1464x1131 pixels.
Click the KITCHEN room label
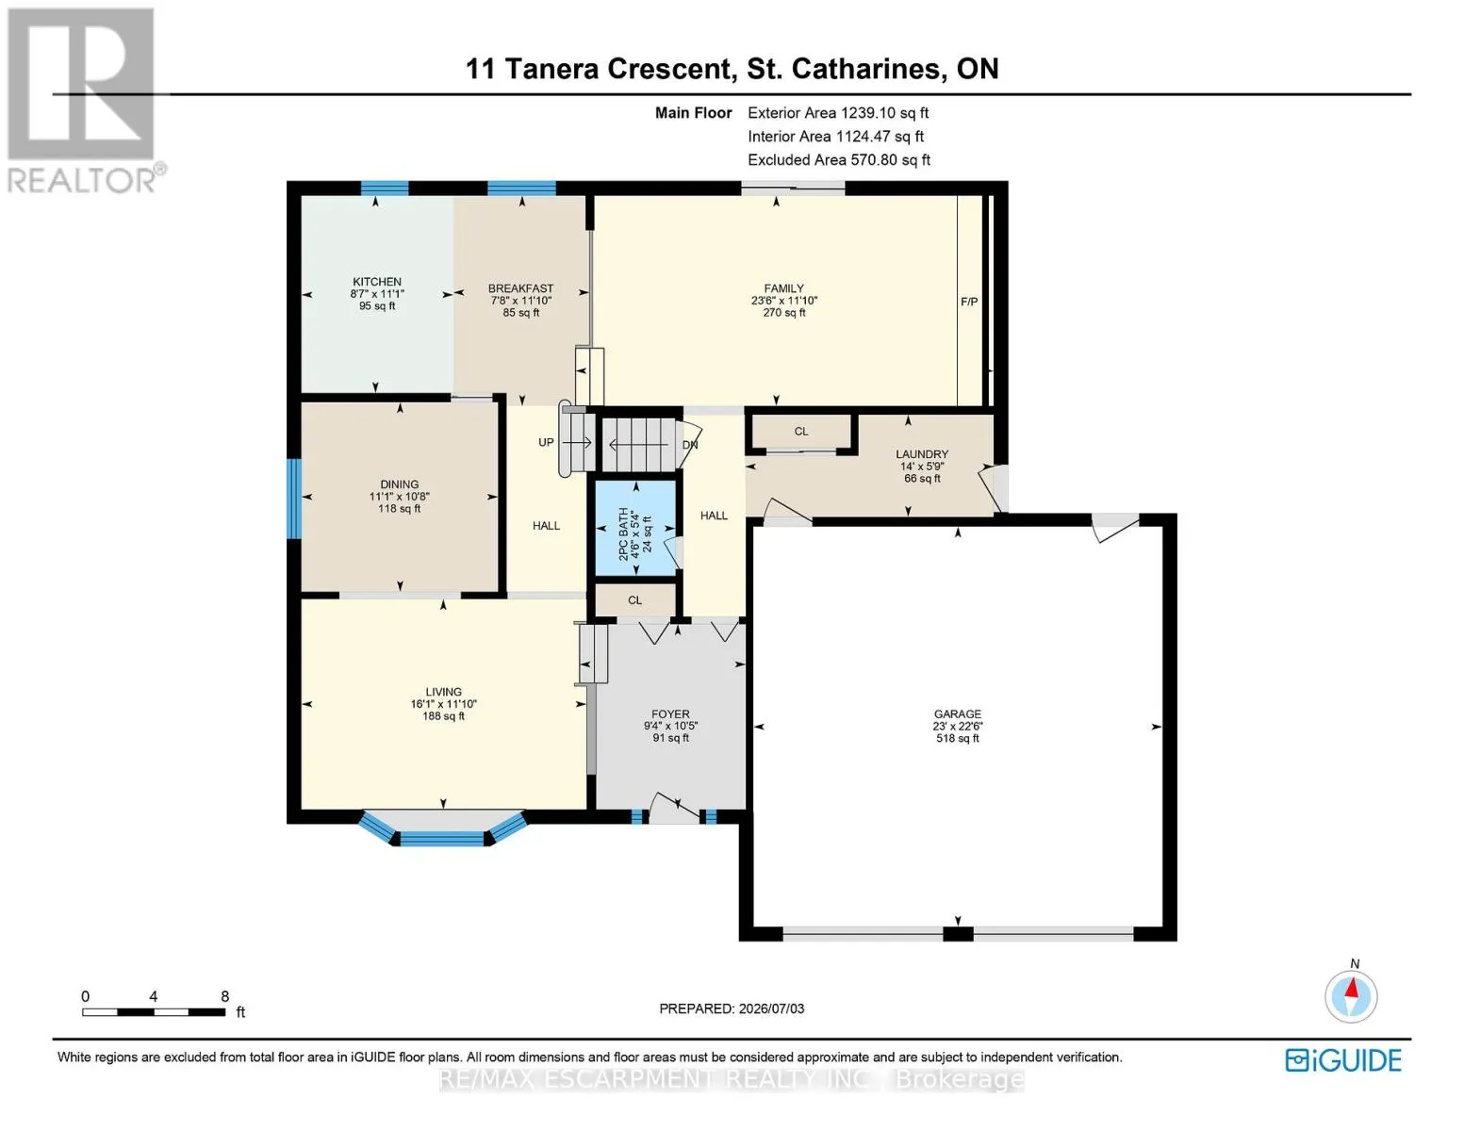pos(377,282)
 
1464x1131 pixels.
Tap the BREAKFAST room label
pos(520,288)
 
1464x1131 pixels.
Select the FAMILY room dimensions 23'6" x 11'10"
pos(784,301)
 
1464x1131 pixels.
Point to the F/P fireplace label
pos(969,302)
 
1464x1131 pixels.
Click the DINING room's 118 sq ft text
pos(400,509)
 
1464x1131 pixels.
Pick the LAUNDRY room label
pos(922,454)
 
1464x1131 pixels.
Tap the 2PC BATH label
pos(623,534)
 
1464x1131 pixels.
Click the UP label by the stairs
pos(546,443)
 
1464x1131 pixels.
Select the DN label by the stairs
pos(690,445)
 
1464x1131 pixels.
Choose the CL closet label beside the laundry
pos(801,431)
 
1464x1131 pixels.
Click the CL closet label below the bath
pos(634,600)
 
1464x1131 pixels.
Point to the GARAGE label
pos(958,714)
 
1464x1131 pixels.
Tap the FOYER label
pos(670,714)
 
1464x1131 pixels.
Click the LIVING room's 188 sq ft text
pos(443,716)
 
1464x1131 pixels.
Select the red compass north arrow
pos(1352,988)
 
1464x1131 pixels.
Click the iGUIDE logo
pos(1343,1060)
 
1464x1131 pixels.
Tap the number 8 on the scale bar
pos(225,996)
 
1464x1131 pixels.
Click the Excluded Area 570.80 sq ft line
pos(839,159)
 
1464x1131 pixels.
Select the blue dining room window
pos(294,499)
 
